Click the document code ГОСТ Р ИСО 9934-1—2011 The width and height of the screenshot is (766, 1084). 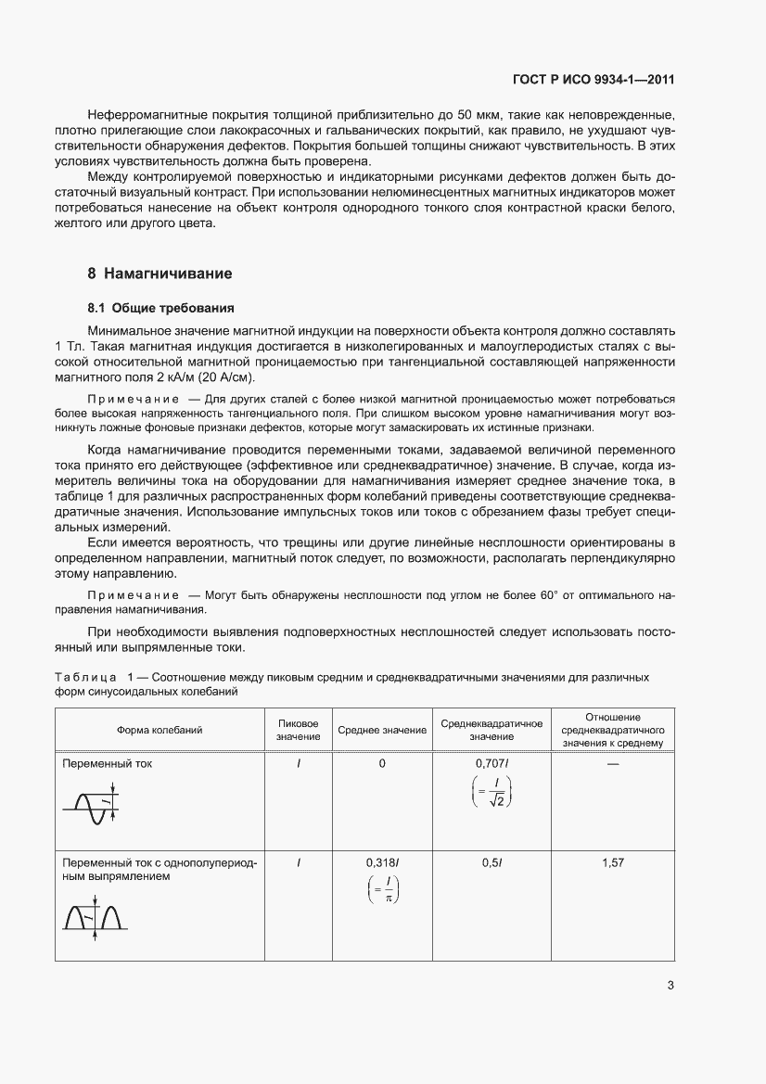click(592, 80)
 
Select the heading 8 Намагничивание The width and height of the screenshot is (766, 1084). click(160, 274)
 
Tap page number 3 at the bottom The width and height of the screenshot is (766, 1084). click(670, 986)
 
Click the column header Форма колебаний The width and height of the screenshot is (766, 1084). click(160, 730)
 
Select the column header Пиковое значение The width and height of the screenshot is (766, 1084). click(298, 730)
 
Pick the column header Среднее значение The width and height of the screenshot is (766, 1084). click(382, 730)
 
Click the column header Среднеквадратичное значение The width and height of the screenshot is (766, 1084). click(491, 730)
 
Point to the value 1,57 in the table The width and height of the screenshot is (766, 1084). click(612, 862)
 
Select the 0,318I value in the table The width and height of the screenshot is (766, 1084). click(382, 862)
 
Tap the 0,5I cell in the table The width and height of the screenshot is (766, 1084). click(492, 862)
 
